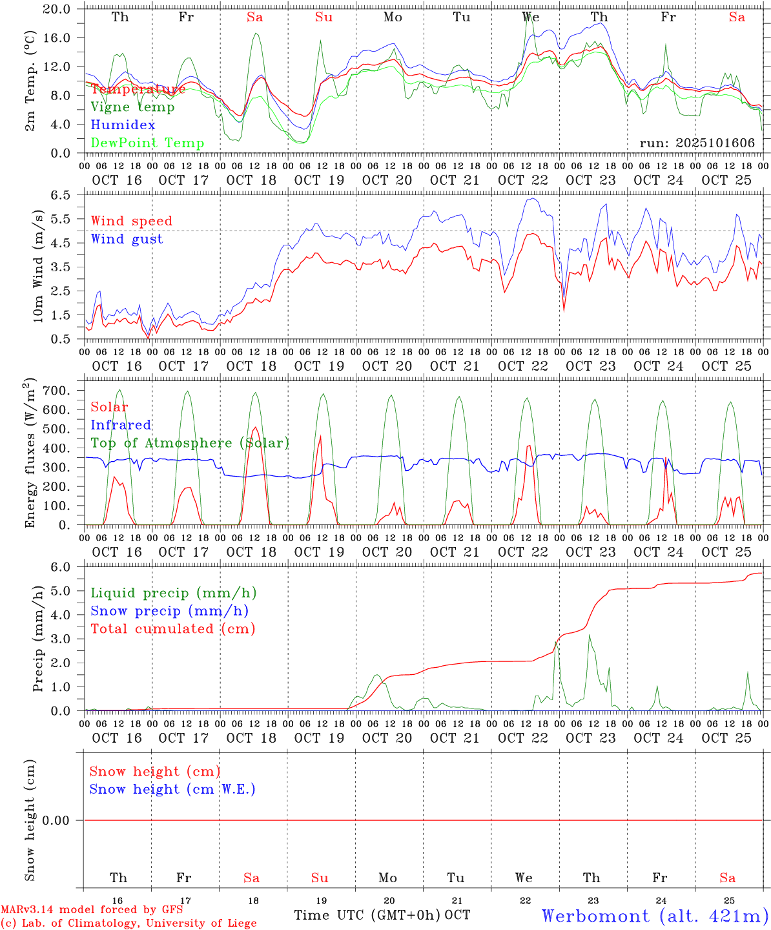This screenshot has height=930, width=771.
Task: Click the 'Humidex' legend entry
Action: tap(123, 125)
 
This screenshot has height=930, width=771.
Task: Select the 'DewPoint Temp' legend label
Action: tap(147, 143)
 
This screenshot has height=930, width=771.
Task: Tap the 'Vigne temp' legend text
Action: tap(132, 107)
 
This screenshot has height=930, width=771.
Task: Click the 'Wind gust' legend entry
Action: tap(127, 239)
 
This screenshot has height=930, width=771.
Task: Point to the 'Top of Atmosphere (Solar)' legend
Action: tap(190, 442)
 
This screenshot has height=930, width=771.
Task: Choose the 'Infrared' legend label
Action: tap(121, 424)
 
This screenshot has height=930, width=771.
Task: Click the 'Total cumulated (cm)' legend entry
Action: tap(172, 628)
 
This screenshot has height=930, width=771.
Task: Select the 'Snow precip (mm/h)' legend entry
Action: tap(169, 610)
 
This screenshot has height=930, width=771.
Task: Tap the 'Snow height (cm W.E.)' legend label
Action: tap(172, 789)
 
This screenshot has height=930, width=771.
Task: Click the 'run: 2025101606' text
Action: tap(697, 143)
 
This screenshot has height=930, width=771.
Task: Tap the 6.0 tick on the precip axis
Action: tap(65, 567)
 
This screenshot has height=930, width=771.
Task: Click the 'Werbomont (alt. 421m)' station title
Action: tap(655, 915)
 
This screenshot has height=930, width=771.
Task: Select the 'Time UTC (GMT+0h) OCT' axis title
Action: tap(382, 915)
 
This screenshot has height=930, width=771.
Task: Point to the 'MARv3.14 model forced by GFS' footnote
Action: tap(92, 909)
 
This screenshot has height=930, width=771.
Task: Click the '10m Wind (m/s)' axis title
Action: tap(37, 266)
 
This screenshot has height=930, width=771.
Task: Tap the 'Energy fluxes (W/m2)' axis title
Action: tap(30, 454)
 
